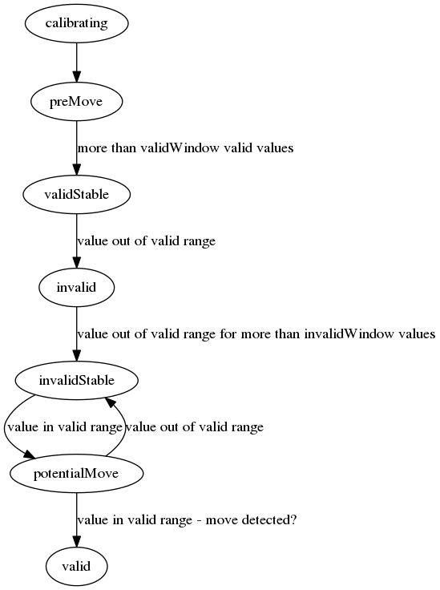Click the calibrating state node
point(76,23)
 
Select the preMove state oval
point(76,102)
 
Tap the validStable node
point(76,195)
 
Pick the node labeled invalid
point(76,288)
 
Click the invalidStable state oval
point(76,381)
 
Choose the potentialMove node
point(76,473)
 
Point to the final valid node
point(76,566)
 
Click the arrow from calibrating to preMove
point(76,63)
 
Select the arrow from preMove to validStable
point(76,147)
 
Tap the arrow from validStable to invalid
point(76,240)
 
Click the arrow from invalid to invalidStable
point(76,333)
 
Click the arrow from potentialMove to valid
point(76,519)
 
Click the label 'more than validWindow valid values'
point(185,148)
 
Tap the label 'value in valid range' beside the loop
point(65,427)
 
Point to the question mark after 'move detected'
point(293,519)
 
